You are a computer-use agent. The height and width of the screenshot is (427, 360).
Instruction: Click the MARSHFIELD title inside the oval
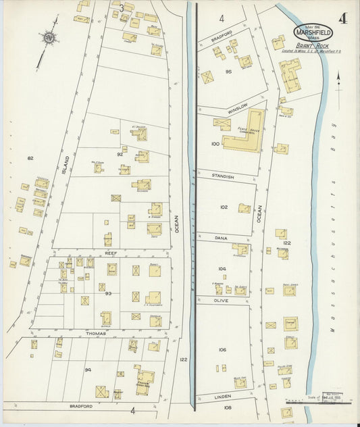point(313,32)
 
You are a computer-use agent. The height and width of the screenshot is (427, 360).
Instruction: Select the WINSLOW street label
point(238,107)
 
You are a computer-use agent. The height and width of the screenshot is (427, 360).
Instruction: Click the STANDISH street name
point(223,176)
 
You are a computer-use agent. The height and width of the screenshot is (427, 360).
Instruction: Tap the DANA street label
point(221,238)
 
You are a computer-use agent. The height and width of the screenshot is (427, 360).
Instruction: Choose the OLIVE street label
point(222,299)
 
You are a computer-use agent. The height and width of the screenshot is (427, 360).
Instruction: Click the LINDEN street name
point(223,397)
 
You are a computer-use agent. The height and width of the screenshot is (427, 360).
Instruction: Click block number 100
point(215,144)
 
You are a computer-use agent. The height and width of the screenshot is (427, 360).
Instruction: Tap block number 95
point(228,71)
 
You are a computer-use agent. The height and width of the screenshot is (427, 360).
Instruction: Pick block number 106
point(222,349)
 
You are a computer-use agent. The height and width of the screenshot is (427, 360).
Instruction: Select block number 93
point(107,293)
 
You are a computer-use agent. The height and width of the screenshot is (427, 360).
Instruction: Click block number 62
point(30,158)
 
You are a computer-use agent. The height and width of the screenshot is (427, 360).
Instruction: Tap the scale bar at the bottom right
point(317,399)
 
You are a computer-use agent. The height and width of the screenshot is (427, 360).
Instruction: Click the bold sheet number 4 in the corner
point(343,18)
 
